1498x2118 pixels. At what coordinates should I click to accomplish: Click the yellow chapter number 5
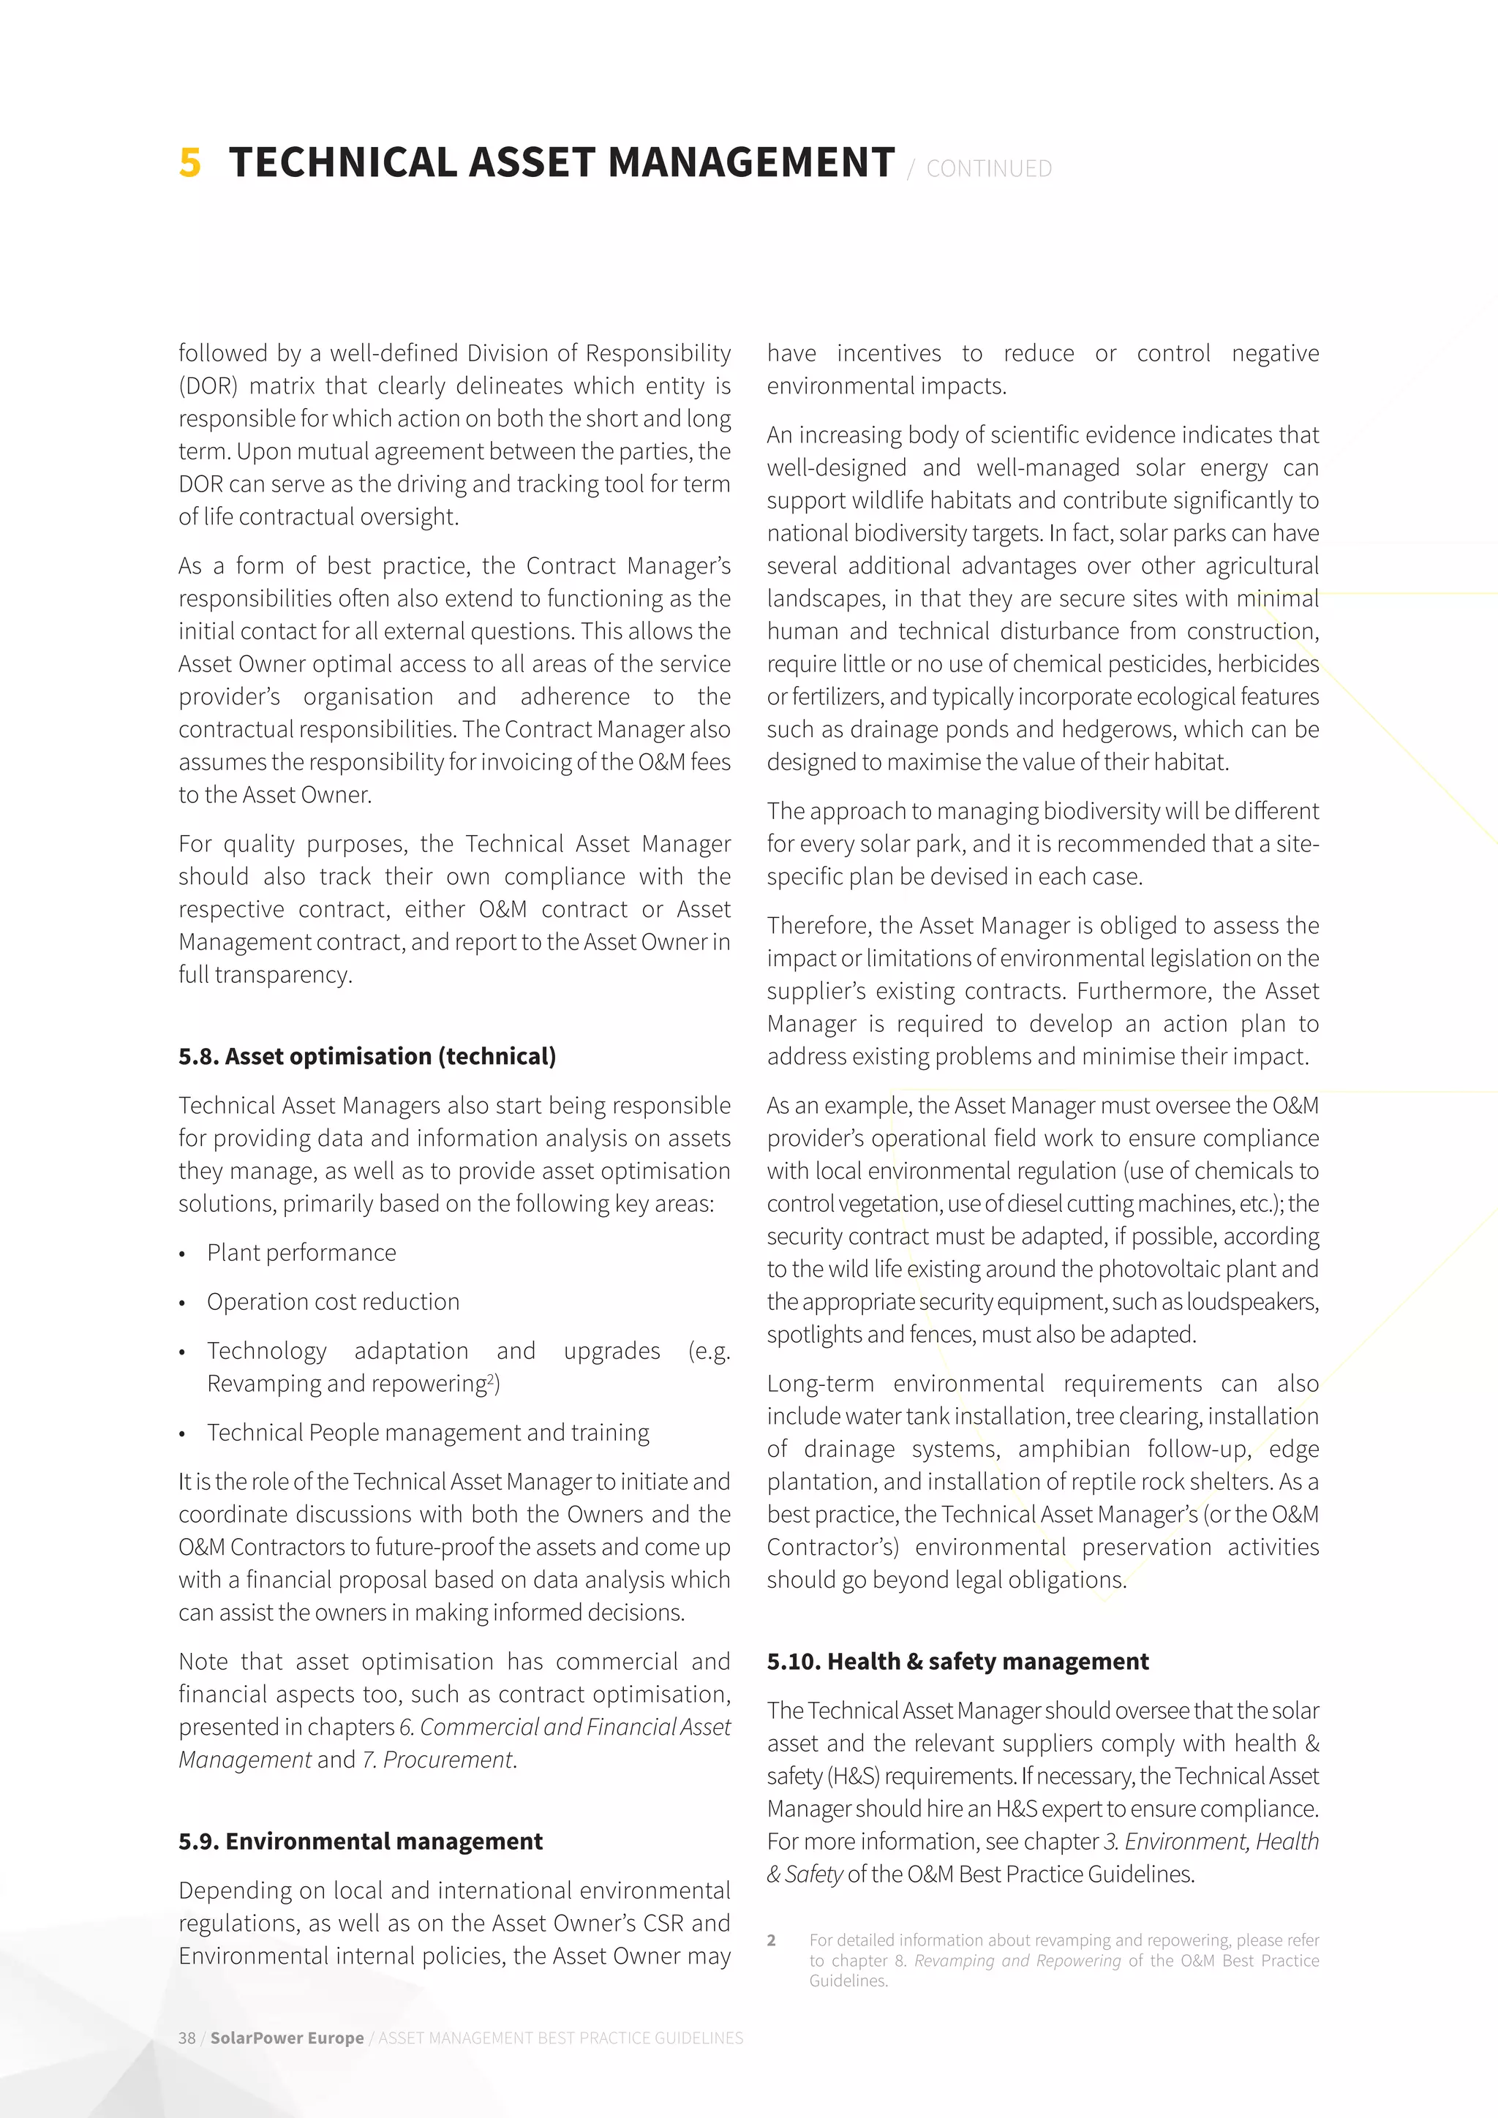pyautogui.click(x=189, y=162)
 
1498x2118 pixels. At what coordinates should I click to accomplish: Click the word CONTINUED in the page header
pyautogui.click(x=988, y=169)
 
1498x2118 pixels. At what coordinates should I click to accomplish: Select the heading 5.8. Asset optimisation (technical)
pyautogui.click(x=367, y=1056)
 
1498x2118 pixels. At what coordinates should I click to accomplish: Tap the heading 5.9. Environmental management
pyautogui.click(x=361, y=1842)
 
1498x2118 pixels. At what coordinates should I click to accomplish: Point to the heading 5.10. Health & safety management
pyautogui.click(x=957, y=1662)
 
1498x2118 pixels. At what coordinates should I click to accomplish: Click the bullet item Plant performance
pyautogui.click(x=301, y=1253)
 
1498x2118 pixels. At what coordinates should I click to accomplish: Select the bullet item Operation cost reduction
pyautogui.click(x=332, y=1302)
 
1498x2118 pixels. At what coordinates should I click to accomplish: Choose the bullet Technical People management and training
pyautogui.click(x=427, y=1433)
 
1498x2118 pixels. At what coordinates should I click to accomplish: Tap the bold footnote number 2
pyautogui.click(x=771, y=1941)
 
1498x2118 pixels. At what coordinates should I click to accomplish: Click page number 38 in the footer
pyautogui.click(x=187, y=2038)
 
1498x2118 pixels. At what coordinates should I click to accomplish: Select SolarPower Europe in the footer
pyautogui.click(x=286, y=2038)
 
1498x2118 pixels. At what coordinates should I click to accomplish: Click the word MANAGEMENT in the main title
pyautogui.click(x=751, y=162)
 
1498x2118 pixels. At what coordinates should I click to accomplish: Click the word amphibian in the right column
pyautogui.click(x=1074, y=1450)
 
